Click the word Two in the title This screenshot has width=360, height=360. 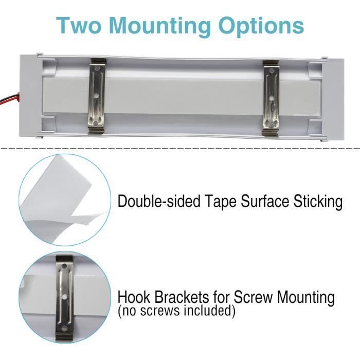point(79,26)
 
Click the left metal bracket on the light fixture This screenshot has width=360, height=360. point(97,96)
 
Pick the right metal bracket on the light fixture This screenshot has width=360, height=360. point(271,98)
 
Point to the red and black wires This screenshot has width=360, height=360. point(10,97)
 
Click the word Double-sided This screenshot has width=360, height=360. point(159,202)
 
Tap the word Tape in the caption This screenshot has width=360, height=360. point(220,202)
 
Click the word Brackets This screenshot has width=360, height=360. point(182,297)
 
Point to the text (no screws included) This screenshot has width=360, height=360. point(176,311)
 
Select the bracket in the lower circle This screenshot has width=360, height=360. point(64,298)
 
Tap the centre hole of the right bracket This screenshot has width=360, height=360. point(271,98)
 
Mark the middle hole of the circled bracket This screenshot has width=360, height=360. point(64,297)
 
